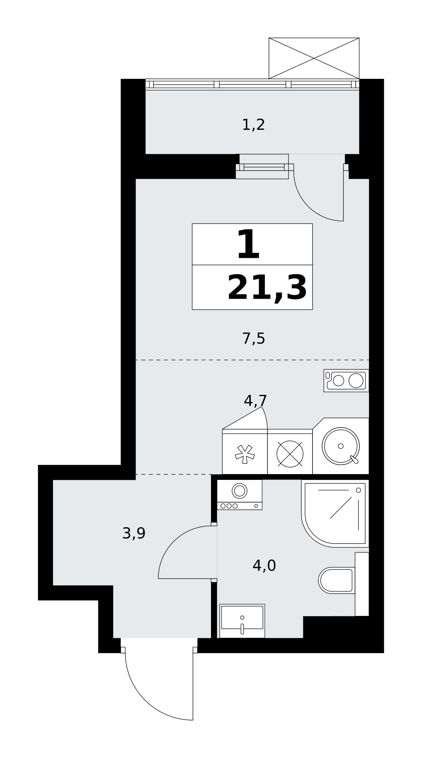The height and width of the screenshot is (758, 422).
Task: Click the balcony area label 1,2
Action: [253, 125]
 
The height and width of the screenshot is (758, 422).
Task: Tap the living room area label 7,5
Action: [253, 338]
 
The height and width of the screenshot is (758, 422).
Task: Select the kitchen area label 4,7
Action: [255, 400]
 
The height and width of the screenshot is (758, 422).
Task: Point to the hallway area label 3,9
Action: [134, 533]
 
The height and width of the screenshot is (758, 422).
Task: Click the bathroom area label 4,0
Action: [264, 566]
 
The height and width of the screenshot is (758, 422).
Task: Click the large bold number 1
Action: [248, 245]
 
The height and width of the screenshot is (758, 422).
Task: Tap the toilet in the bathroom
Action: [337, 580]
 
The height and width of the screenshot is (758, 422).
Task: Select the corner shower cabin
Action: [335, 513]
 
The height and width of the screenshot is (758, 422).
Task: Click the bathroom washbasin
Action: [242, 621]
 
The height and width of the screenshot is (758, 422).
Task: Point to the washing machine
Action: [239, 495]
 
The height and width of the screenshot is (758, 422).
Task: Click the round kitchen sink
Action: [341, 446]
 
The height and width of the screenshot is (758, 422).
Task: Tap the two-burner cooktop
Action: [346, 381]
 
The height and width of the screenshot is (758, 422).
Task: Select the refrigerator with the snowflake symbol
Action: [245, 451]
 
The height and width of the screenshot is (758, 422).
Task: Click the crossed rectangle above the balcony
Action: [314, 58]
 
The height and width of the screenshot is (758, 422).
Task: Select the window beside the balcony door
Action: [264, 167]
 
